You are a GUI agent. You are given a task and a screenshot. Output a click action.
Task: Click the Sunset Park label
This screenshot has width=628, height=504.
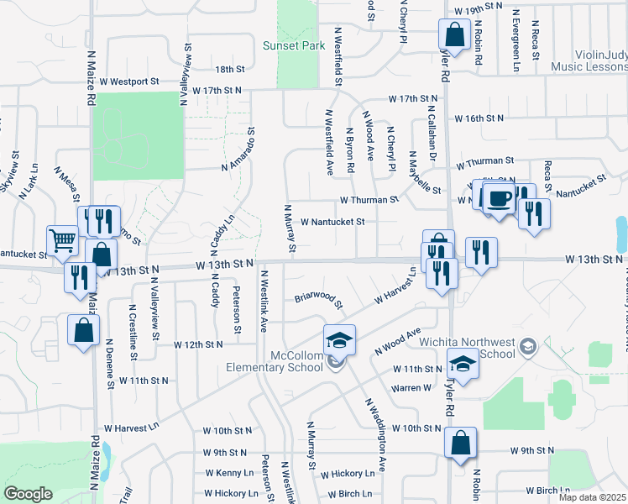pos(293,46)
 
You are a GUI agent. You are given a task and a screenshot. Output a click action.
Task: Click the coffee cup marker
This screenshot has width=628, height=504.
pos(500,198)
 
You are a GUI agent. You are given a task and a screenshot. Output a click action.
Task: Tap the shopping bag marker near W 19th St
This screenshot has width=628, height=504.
pos(454,35)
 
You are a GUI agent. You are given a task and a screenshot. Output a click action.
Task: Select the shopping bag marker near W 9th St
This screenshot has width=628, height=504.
pos(461,443)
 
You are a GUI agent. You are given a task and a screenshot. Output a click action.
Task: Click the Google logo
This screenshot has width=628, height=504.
pos(28,494)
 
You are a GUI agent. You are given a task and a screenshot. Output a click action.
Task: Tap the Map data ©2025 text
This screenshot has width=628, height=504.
pos(591,497)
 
